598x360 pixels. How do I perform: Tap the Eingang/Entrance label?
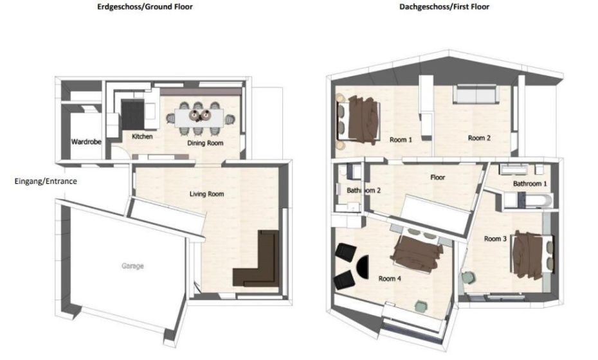coord(46,181)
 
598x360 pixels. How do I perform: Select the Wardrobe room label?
coord(86,141)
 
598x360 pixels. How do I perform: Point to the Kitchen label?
coord(141,137)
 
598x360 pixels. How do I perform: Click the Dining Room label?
coord(205,143)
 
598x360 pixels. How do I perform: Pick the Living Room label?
coord(206,194)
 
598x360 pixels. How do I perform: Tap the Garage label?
coord(133,265)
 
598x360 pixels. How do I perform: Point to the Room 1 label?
coord(401,139)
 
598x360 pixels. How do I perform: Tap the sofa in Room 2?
coord(475,95)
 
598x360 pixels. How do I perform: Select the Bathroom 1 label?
coord(530,184)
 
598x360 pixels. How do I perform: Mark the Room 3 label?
coord(495,239)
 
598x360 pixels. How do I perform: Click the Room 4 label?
coord(390,278)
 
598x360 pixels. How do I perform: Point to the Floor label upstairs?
coord(437,177)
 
